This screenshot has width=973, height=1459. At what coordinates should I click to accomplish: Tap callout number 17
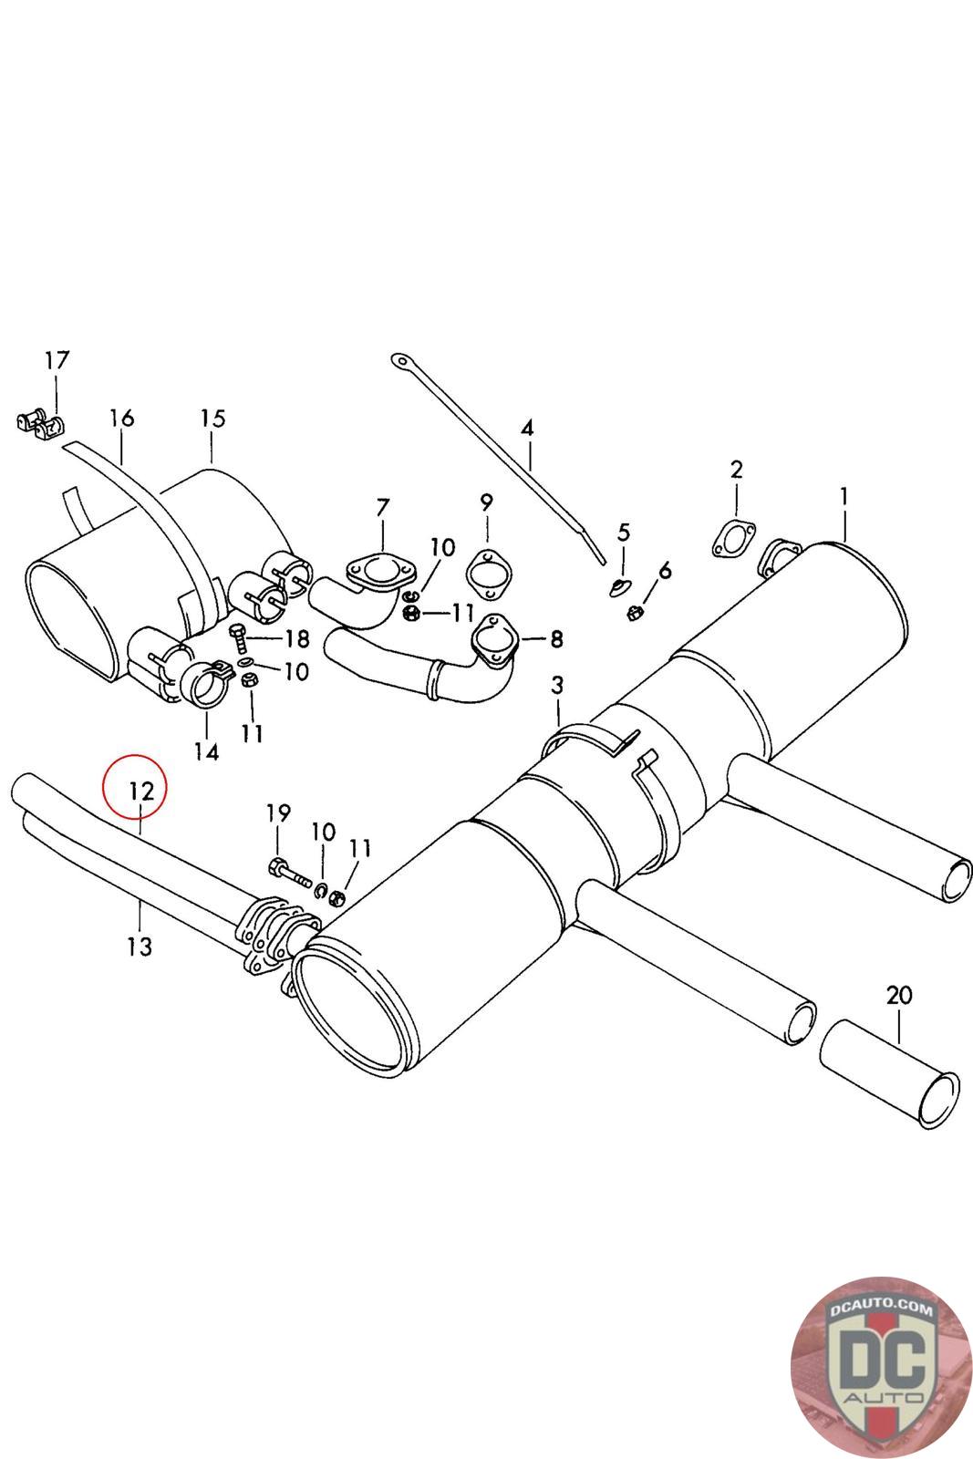coord(57,361)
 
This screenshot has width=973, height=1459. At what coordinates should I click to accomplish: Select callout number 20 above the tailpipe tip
coord(898,995)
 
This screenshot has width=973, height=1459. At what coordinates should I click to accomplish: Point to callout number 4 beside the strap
coord(527,428)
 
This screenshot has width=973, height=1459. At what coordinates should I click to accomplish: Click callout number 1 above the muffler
coord(844,497)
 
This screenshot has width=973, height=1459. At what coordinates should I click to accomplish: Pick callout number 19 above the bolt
coord(278,812)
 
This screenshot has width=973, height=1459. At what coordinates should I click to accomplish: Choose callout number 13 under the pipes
coord(140,947)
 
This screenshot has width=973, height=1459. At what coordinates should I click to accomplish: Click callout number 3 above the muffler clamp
coord(557,684)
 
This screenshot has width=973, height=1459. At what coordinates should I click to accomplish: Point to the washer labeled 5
coord(621,583)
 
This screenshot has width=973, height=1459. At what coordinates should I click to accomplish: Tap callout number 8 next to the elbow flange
coord(556,640)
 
